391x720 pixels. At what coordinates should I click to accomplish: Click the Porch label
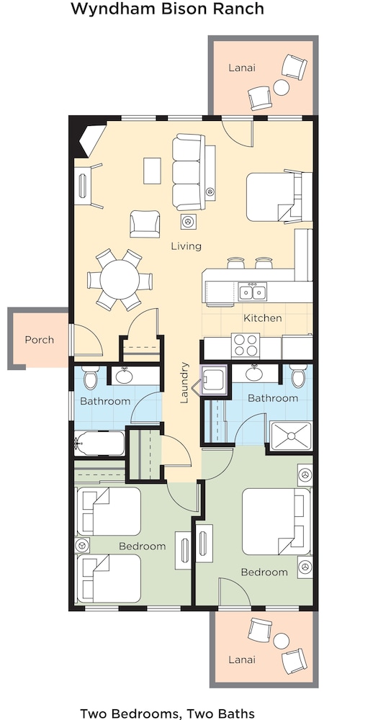[39, 340]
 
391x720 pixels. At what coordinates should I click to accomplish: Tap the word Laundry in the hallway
[184, 382]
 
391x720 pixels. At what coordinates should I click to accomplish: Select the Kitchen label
[262, 318]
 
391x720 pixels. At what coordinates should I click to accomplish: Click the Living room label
[186, 246]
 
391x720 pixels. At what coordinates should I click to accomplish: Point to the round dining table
[120, 279]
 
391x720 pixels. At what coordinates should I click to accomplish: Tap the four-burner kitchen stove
[246, 345]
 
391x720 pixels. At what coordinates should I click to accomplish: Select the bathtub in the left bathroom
[99, 443]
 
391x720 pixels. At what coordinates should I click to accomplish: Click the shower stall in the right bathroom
[291, 436]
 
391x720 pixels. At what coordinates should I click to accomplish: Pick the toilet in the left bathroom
[90, 377]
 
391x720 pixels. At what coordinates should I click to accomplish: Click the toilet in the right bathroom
[298, 376]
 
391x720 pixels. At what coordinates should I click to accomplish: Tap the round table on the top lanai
[282, 87]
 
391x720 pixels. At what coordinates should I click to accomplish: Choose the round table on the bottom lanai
[282, 641]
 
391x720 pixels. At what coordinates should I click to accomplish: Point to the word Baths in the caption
[236, 714]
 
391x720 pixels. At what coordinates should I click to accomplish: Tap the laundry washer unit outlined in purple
[214, 379]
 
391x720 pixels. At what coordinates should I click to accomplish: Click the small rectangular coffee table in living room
[152, 171]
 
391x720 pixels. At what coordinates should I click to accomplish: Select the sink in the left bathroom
[124, 377]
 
